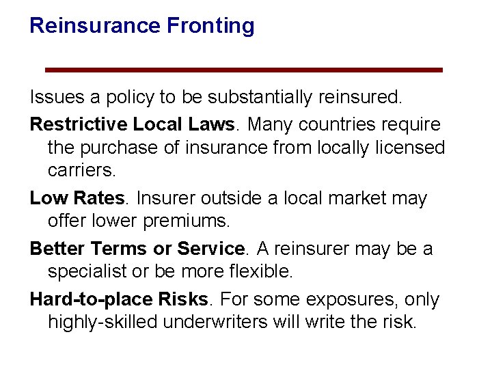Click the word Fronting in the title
click(x=211, y=26)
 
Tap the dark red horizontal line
click(x=244, y=70)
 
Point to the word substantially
click(x=254, y=98)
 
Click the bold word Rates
click(x=98, y=199)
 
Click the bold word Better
click(x=59, y=249)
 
